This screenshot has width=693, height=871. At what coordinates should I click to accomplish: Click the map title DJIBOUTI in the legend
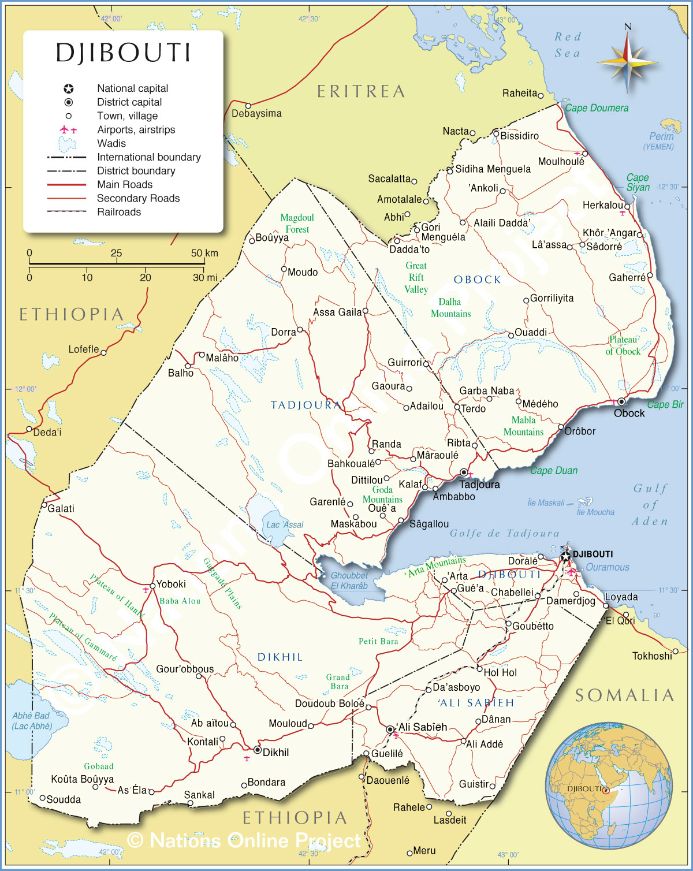pos(123,53)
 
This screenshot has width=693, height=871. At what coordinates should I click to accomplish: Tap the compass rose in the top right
pos(628,61)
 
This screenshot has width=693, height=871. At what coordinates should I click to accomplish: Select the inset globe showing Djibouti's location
pos(609,786)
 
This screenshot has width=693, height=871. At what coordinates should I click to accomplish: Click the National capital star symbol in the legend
pos(69,88)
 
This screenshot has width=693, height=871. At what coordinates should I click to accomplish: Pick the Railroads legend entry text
pos(119,212)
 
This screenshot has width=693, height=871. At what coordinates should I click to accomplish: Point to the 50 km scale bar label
pos(204,253)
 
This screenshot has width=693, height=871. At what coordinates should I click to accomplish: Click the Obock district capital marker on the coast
pos(621,401)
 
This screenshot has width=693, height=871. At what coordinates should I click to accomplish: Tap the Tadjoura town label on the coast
pos(479,485)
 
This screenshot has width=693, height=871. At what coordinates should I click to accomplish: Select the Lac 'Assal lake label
pos(285,524)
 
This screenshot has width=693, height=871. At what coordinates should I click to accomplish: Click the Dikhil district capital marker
pos(258,750)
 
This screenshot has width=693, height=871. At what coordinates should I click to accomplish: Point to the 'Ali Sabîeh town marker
pos(390,729)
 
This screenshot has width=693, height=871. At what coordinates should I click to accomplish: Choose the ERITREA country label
pos(361,91)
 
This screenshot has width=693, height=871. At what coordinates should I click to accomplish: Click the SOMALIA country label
pos(625,695)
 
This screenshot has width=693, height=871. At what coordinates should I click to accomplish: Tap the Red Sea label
pos(568,45)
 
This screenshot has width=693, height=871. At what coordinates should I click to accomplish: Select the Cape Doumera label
pos(597,108)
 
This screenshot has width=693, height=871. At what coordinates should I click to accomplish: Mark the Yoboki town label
pos(171,584)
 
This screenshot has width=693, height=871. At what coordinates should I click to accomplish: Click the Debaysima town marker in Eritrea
pos(248,106)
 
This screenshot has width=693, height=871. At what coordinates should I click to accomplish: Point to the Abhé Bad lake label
pos(31,721)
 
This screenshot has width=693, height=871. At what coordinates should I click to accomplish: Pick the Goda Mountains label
pos(382,494)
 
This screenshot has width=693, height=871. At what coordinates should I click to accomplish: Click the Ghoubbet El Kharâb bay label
pos(349,580)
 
